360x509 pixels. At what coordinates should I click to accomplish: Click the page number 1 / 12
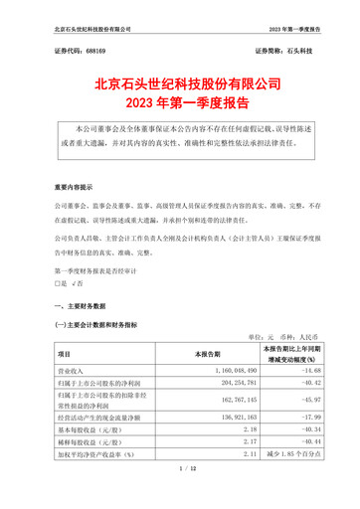point(180,494)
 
